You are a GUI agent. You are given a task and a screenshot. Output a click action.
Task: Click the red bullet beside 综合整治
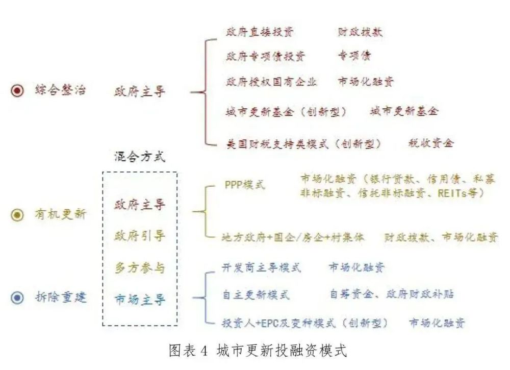tap(17, 90)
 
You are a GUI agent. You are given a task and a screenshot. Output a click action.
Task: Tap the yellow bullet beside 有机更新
tap(17, 215)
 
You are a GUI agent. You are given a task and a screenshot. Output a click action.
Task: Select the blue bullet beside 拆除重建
tap(17, 298)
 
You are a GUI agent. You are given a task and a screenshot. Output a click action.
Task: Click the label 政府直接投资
tap(260, 32)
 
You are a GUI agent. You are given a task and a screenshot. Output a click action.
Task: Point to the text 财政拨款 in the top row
tap(361, 32)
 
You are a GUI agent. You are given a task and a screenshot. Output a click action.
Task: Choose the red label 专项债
tap(354, 56)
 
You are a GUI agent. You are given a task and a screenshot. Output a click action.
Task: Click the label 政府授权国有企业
tap(271, 81)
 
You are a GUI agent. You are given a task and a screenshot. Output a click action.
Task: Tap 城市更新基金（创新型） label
tap(286, 112)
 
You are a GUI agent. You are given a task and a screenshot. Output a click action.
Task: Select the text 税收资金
tap(431, 142)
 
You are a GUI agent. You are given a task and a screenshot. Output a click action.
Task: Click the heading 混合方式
tap(140, 157)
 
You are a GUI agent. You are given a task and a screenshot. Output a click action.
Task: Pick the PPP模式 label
tap(245, 185)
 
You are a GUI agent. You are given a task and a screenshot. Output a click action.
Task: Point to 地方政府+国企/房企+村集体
tap(293, 237)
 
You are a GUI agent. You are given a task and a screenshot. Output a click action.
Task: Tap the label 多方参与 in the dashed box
tap(140, 268)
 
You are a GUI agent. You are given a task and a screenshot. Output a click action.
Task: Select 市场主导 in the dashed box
tap(140, 300)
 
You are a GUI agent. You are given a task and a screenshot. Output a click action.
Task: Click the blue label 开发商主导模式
tap(262, 267)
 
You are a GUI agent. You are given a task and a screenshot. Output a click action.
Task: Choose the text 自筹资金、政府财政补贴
tap(392, 294)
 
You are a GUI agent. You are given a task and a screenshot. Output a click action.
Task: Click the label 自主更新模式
tap(256, 295)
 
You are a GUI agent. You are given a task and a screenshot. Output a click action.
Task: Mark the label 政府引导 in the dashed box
tap(140, 236)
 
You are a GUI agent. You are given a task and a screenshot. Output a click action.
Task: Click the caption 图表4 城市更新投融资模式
tap(258, 351)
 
